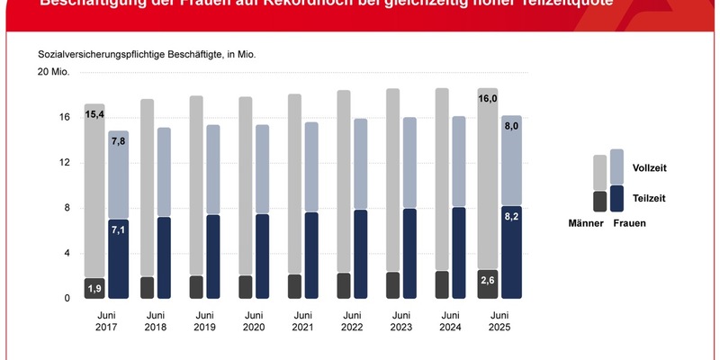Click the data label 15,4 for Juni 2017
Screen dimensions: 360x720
pos(94,114)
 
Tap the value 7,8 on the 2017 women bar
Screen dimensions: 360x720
pos(119,140)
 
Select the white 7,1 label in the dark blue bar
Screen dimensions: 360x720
pos(119,230)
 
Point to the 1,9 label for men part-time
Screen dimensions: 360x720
pos(94,288)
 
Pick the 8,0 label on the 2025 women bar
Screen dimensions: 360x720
pos(511,127)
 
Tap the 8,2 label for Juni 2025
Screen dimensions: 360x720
pos(511,217)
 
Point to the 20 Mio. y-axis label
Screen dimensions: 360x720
pos(53,71)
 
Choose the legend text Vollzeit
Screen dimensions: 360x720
pos(650,168)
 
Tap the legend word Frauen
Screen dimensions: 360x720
pos(630,222)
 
